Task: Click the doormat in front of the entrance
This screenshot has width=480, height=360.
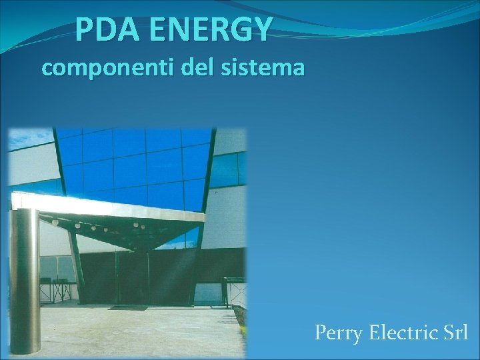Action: [127, 307]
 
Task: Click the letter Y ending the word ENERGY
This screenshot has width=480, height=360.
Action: [262, 29]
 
